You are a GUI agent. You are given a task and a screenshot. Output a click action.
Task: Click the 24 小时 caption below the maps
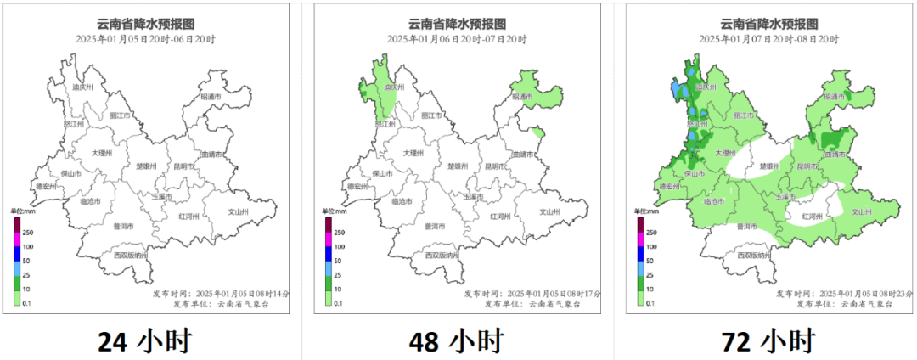point(144,341)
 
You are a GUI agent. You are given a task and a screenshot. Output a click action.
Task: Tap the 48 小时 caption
point(457,341)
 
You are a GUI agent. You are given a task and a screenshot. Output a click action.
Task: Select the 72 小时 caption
point(769,341)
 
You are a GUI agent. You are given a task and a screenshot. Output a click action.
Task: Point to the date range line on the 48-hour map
point(457,39)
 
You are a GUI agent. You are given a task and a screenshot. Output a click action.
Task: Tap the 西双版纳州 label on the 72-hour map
point(753,255)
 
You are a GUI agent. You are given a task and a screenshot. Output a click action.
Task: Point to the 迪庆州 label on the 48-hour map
point(396,87)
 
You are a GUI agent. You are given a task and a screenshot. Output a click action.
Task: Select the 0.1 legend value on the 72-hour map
point(651,303)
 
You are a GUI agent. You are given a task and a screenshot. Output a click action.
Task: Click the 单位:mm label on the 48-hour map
point(334,211)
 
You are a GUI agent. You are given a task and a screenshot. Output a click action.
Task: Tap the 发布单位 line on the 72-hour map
point(846,303)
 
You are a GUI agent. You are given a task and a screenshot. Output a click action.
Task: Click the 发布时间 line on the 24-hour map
point(221,293)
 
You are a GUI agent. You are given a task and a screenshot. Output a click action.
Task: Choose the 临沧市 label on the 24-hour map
point(91,201)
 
